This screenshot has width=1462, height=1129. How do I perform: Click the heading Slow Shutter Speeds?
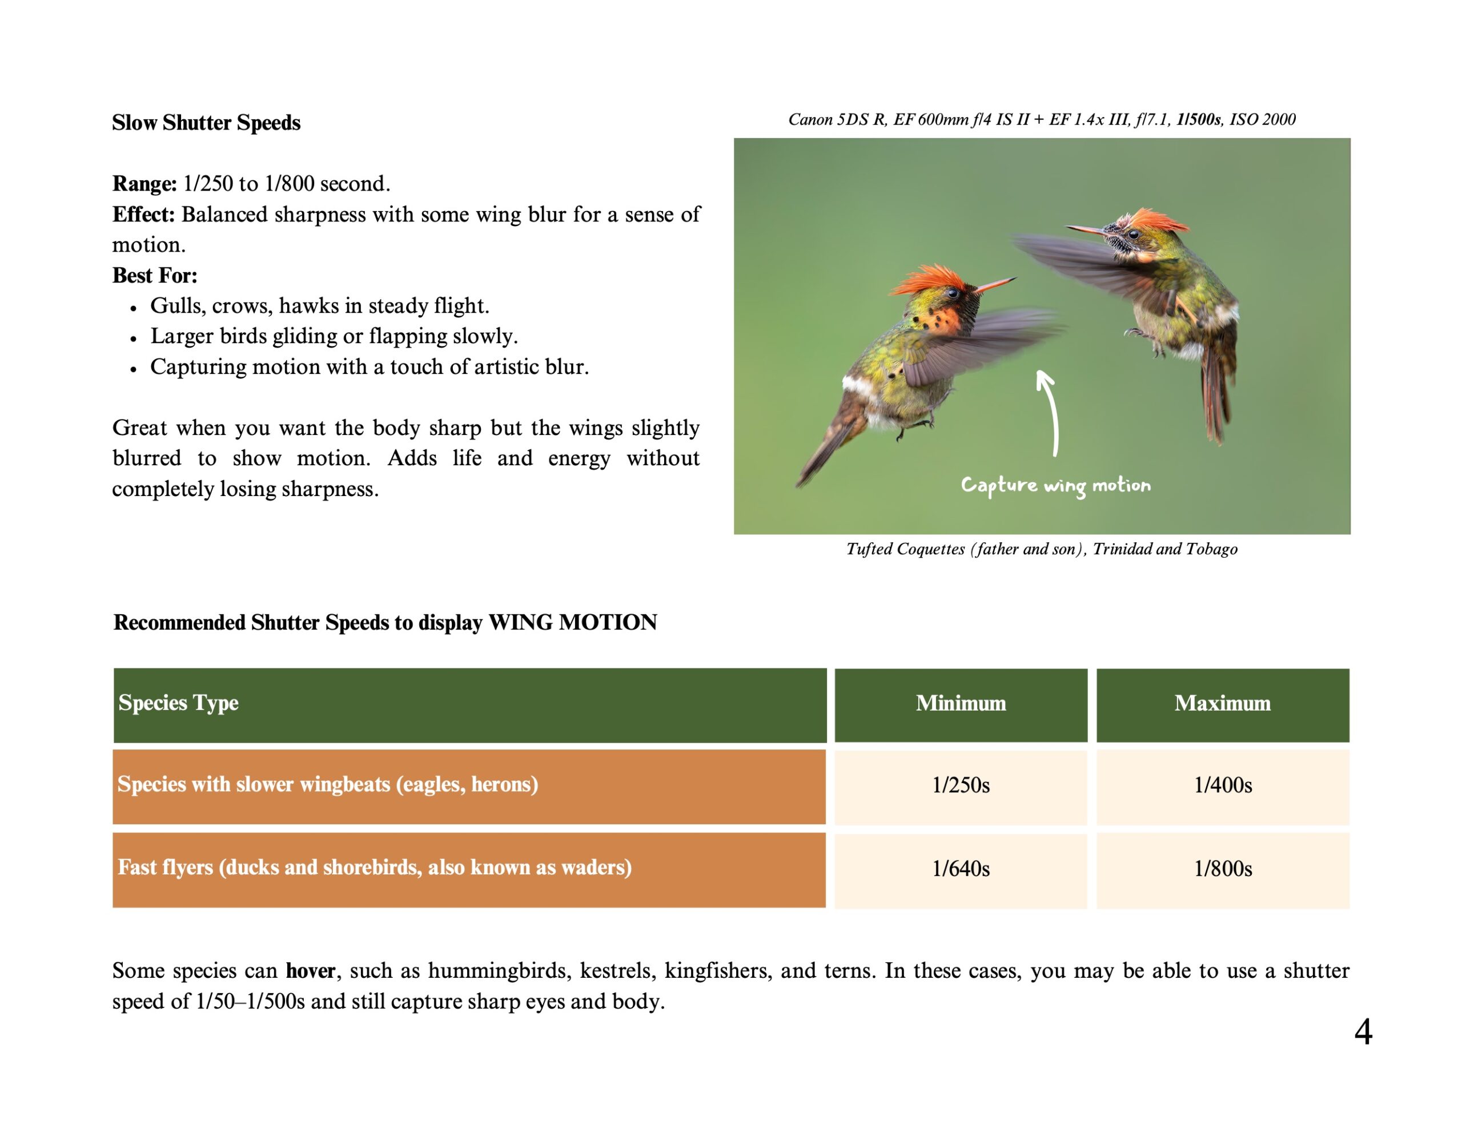pos(206,123)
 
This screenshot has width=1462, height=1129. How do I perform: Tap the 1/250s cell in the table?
pos(961,786)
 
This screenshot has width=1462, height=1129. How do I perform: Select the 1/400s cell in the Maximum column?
pos(1222,786)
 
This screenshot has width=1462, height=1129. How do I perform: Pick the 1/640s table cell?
pos(961,869)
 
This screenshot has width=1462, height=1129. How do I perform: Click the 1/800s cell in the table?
pos(1222,869)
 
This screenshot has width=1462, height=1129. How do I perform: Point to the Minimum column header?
pos(961,705)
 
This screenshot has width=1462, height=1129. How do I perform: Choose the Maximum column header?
pos(1222,705)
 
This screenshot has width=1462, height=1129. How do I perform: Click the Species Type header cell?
pos(470,705)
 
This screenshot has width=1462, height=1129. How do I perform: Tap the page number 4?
pos(1363,1031)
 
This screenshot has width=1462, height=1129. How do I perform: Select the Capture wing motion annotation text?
pos(1055,486)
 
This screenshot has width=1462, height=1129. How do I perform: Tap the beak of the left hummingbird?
pos(995,285)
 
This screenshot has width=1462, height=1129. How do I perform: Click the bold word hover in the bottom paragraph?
pos(311,970)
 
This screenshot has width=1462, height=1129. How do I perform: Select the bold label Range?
pos(144,183)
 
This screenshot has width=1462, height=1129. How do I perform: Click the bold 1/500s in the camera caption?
pos(1199,119)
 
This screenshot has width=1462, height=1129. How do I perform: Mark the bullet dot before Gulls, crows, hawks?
pos(134,308)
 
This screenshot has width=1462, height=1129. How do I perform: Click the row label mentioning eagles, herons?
pos(328,784)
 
